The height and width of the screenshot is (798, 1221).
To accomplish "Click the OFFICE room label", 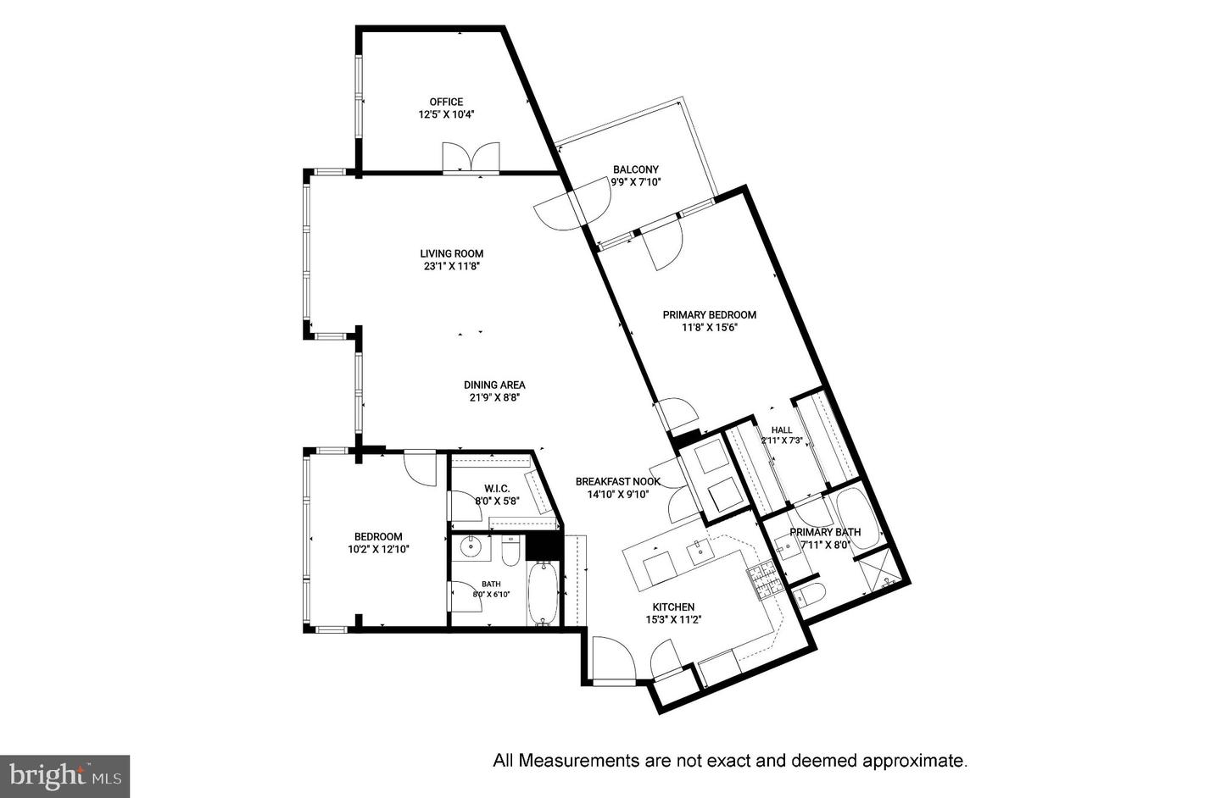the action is tap(446, 102).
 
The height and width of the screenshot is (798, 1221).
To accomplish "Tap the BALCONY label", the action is tap(636, 169).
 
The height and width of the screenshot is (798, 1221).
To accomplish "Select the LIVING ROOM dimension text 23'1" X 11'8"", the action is tap(451, 266).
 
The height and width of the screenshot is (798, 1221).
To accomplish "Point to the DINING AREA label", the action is tap(494, 385).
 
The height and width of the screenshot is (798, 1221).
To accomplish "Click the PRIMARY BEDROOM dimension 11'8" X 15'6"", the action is tap(709, 327).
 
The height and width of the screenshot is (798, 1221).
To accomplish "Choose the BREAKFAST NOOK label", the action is tap(617, 481).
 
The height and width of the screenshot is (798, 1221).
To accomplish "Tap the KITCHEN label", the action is tap(674, 607).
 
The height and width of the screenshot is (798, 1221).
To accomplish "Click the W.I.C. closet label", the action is tap(497, 489).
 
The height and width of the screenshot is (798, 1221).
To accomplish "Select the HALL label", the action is tap(782, 430).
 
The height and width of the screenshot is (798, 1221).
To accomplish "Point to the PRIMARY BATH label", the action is tap(825, 532).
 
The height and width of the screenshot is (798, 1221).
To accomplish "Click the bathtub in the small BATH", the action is tap(543, 594).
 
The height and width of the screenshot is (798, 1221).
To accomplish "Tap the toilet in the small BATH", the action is tap(511, 551).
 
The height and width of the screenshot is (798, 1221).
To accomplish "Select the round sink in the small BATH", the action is tap(469, 546).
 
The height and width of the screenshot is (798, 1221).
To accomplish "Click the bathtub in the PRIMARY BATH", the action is tap(858, 518).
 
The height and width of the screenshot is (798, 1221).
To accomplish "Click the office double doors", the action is tap(471, 158).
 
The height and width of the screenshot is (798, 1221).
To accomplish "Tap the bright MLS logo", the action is tap(64, 776).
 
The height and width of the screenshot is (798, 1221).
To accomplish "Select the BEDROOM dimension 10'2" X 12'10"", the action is tap(378, 550).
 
